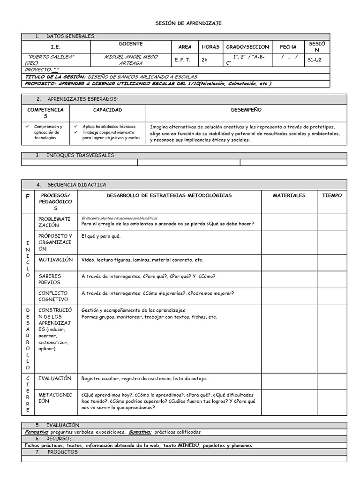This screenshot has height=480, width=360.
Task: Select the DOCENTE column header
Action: click(x=131, y=44)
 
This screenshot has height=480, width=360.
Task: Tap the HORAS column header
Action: click(x=210, y=47)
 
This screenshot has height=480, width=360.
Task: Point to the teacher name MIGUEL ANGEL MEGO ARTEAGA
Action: click(x=131, y=60)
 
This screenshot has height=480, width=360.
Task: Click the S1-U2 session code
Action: click(x=315, y=60)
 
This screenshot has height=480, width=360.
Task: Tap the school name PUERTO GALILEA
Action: click(x=52, y=57)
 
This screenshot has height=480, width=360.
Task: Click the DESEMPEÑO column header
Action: click(x=246, y=110)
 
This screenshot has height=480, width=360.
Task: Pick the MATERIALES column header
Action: click(x=289, y=195)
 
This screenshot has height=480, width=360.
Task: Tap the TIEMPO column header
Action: click(x=331, y=195)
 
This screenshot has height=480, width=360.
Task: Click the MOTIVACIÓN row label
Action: click(x=56, y=260)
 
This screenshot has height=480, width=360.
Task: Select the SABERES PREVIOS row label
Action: click(x=50, y=279)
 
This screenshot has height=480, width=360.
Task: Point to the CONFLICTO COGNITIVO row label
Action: click(x=53, y=296)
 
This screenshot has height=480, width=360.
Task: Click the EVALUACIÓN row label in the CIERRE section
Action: click(x=55, y=378)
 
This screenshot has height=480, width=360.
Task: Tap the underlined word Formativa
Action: click(x=36, y=432)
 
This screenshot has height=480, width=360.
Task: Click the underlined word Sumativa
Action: click(x=140, y=432)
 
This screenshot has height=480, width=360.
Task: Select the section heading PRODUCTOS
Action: click(x=63, y=452)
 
